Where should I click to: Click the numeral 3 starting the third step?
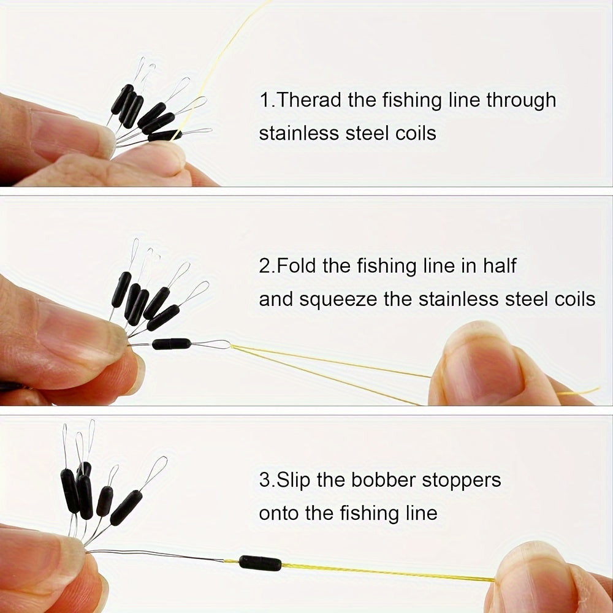point(264,480)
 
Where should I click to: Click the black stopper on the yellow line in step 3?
point(260,563)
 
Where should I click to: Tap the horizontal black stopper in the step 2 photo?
point(172,344)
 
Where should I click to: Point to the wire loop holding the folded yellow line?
point(211,345)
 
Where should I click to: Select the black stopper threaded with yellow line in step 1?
point(164,135)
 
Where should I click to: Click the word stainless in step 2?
point(458,300)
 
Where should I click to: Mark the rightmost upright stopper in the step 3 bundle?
point(126,508)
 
